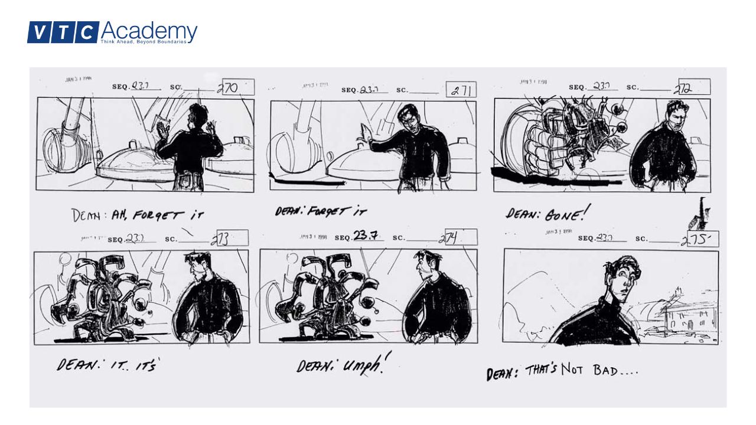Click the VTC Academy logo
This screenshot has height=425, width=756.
point(112,32)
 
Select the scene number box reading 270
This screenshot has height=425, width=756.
point(237,87)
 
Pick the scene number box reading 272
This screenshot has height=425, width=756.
point(694,87)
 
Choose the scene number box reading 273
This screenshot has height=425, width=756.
point(232,238)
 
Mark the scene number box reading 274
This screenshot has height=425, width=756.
point(457,238)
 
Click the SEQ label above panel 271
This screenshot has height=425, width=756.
point(349,90)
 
